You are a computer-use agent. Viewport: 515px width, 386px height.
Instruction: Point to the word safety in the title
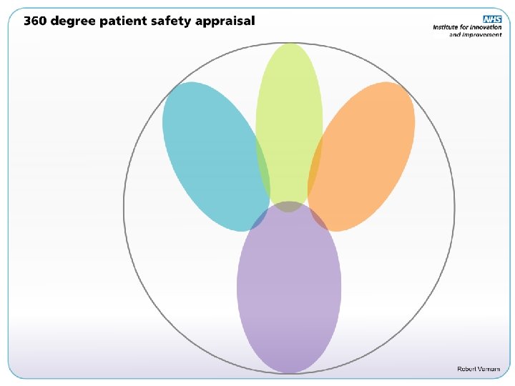[176, 21]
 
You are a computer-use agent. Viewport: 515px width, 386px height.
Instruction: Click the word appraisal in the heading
[226, 21]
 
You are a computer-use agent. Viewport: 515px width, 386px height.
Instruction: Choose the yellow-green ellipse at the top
[289, 107]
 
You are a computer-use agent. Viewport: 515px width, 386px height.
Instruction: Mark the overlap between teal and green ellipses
[263, 168]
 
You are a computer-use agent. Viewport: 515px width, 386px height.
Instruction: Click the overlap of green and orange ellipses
[315, 168]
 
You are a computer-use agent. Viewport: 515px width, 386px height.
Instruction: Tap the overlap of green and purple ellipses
[289, 207]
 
